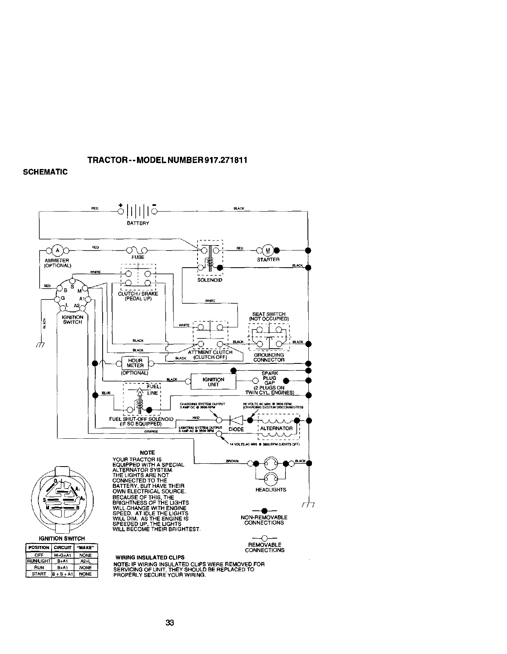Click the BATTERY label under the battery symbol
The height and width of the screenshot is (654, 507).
138,223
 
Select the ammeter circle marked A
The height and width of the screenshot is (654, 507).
58,250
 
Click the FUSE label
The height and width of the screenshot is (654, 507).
138,257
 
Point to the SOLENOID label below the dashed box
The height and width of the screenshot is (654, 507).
210,280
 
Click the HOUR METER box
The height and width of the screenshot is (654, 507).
135,363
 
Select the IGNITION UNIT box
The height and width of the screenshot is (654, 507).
213,382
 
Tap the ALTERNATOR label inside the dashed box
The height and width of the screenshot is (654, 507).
276,428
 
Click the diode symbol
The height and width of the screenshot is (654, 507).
236,420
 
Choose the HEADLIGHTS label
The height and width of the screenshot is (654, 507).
270,490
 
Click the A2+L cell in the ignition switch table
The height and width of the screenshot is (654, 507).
85,562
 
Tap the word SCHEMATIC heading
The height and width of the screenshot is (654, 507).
45,171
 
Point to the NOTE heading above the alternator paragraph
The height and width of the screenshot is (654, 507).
147,453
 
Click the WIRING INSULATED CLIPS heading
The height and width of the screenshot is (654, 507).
150,557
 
